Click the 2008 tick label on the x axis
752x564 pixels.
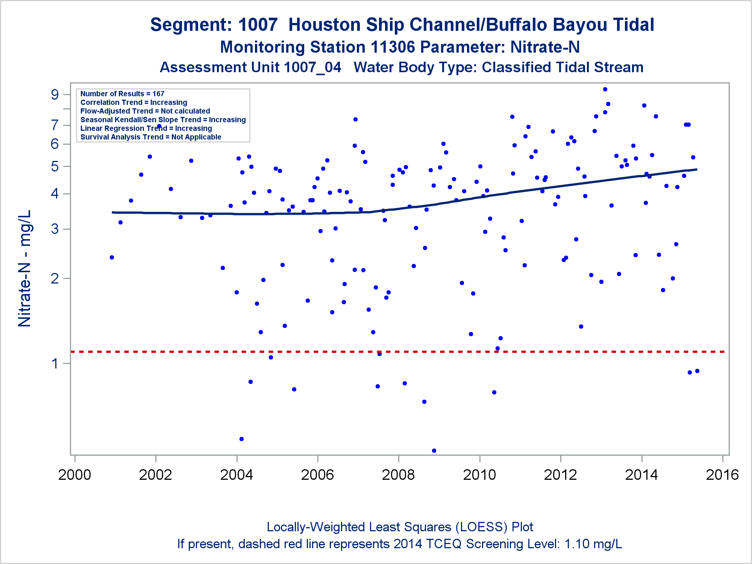click(x=398, y=475)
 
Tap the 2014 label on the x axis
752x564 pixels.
click(x=641, y=475)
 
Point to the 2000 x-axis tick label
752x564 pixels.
click(x=74, y=475)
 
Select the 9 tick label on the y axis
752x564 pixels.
click(x=55, y=94)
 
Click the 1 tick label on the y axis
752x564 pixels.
click(x=55, y=364)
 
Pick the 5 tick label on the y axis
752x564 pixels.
click(x=55, y=166)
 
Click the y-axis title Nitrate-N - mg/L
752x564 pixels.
click(x=25, y=268)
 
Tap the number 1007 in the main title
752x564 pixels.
click(x=258, y=25)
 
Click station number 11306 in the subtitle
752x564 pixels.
click(x=393, y=47)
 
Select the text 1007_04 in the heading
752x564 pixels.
click(x=312, y=68)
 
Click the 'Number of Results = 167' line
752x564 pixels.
click(x=122, y=94)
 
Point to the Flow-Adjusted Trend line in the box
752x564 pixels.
click(x=145, y=111)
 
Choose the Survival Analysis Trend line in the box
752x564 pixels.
click(x=151, y=137)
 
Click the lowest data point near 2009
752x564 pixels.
click(x=434, y=450)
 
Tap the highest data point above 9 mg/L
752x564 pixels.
click(x=605, y=89)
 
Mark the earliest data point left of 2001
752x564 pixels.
click(x=112, y=257)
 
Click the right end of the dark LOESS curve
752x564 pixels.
click(x=696, y=170)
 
